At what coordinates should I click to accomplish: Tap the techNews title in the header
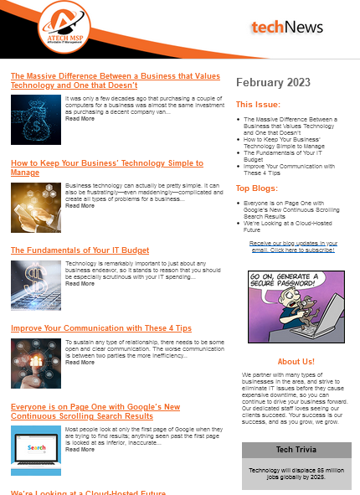[x=286, y=28]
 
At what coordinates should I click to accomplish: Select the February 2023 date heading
[x=273, y=83]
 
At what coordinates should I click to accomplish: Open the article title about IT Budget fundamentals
[x=80, y=250]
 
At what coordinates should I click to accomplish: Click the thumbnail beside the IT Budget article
[x=35, y=285]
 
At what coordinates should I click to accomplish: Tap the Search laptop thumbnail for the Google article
[x=35, y=445]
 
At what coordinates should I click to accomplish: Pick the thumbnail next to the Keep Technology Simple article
[x=35, y=207]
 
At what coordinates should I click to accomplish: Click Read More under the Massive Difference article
[x=80, y=119]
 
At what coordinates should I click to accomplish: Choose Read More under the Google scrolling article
[x=80, y=450]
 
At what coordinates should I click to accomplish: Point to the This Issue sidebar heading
[x=258, y=105]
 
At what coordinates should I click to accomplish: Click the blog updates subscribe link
[x=293, y=246]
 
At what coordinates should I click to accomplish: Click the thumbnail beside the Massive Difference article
[x=35, y=119]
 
